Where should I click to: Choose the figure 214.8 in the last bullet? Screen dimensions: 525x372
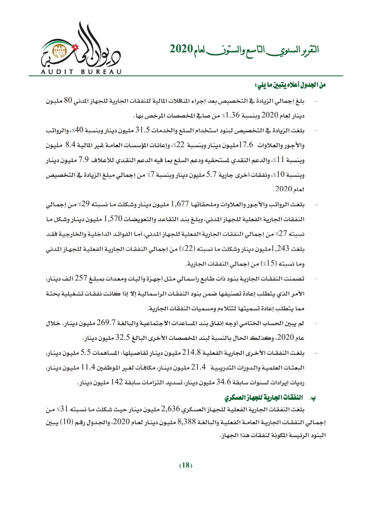point(191,353)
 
